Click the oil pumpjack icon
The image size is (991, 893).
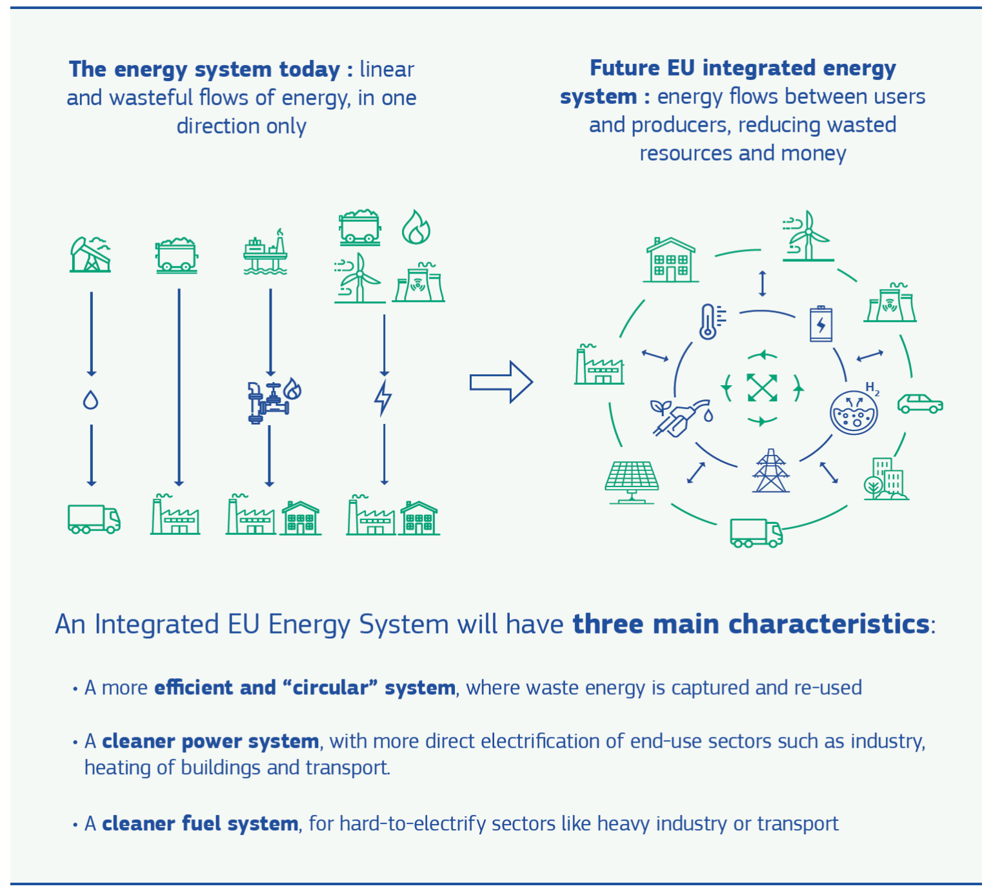click(x=90, y=254)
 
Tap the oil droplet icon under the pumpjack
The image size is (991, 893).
click(x=91, y=400)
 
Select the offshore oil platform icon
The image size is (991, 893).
click(x=265, y=253)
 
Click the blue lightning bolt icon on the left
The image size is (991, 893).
click(x=383, y=397)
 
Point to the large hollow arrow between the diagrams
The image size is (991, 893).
click(x=501, y=382)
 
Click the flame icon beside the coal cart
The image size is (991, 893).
click(x=416, y=227)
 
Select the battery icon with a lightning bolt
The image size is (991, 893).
click(x=821, y=324)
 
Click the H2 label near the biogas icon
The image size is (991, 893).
click(x=872, y=388)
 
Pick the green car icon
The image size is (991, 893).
click(x=920, y=404)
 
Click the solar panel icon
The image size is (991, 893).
click(x=632, y=481)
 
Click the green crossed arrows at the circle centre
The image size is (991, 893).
click(x=762, y=388)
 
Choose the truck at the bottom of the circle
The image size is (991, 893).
click(x=756, y=533)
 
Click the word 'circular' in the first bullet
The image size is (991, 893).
click(x=330, y=688)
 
